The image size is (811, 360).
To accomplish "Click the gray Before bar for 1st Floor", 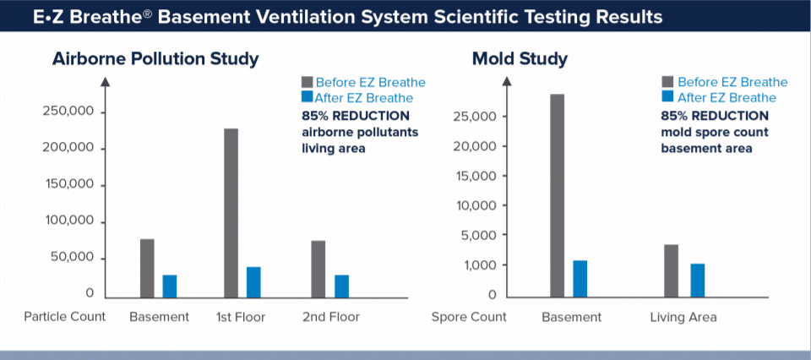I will tap(231, 213).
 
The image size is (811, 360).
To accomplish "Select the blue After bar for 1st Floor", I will tap(253, 282).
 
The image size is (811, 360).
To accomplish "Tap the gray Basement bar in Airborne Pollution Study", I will tap(147, 268).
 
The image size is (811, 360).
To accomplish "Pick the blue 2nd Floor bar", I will tap(341, 286).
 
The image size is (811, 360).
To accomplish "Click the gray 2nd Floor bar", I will tap(318, 269).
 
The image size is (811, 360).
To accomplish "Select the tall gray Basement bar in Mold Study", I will tap(557, 195).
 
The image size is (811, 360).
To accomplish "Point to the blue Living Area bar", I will tap(697, 281).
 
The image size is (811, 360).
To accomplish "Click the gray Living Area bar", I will tap(671, 270).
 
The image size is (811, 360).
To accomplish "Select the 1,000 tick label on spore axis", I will tap(487, 265).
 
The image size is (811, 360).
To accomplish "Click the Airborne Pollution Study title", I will tap(155, 59).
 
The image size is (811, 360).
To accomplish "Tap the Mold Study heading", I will tap(520, 59).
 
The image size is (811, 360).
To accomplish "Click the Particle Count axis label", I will tap(65, 317).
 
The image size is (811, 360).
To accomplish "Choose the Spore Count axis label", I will tap(469, 317).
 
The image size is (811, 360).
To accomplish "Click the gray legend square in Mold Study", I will tap(667, 82).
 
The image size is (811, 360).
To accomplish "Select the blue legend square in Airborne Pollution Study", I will tap(307, 97).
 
